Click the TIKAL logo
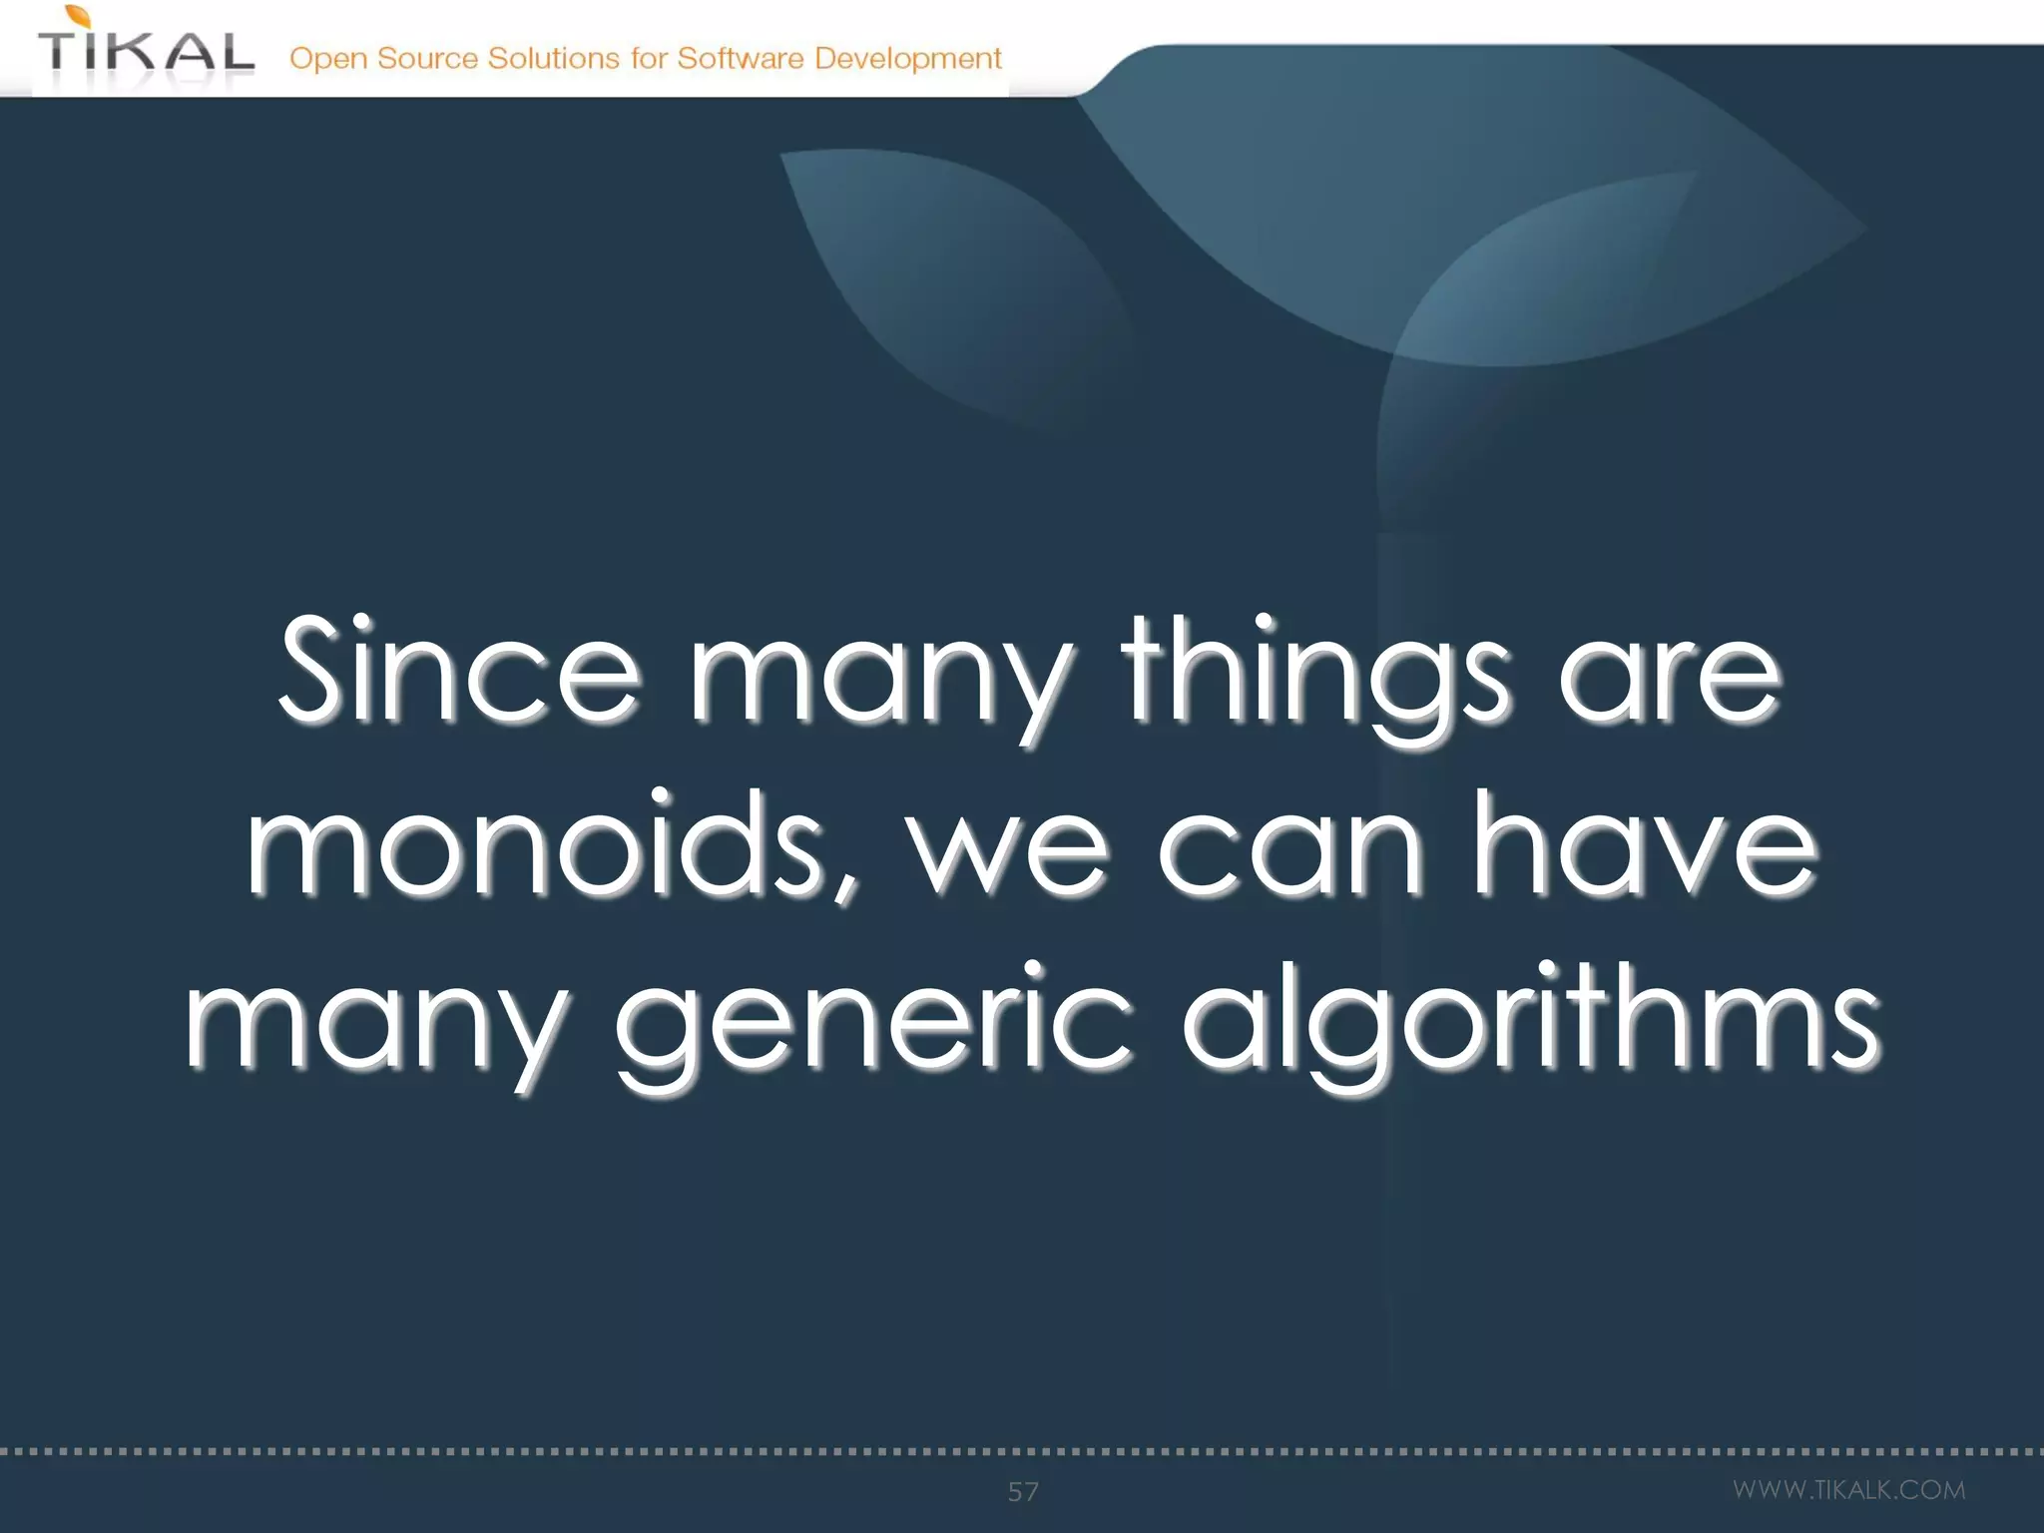[146, 52]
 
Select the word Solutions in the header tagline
[553, 58]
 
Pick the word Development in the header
[907, 59]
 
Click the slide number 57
[1023, 1492]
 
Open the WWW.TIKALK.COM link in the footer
[1848, 1490]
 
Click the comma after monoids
[847, 884]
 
